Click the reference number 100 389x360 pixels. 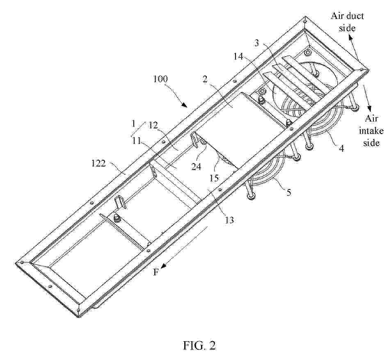[161, 79]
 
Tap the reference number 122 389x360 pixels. [98, 163]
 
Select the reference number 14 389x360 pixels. [238, 57]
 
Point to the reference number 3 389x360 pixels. [256, 43]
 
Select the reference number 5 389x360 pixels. [289, 192]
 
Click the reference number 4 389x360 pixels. [342, 148]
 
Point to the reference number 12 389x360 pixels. [153, 125]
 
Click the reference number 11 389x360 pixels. [136, 141]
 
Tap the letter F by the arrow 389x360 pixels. [156, 273]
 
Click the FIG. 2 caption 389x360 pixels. [199, 345]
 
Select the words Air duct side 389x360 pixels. [347, 22]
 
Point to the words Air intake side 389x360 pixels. [371, 131]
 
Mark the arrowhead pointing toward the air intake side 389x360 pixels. [369, 109]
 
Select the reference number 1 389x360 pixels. [133, 123]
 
